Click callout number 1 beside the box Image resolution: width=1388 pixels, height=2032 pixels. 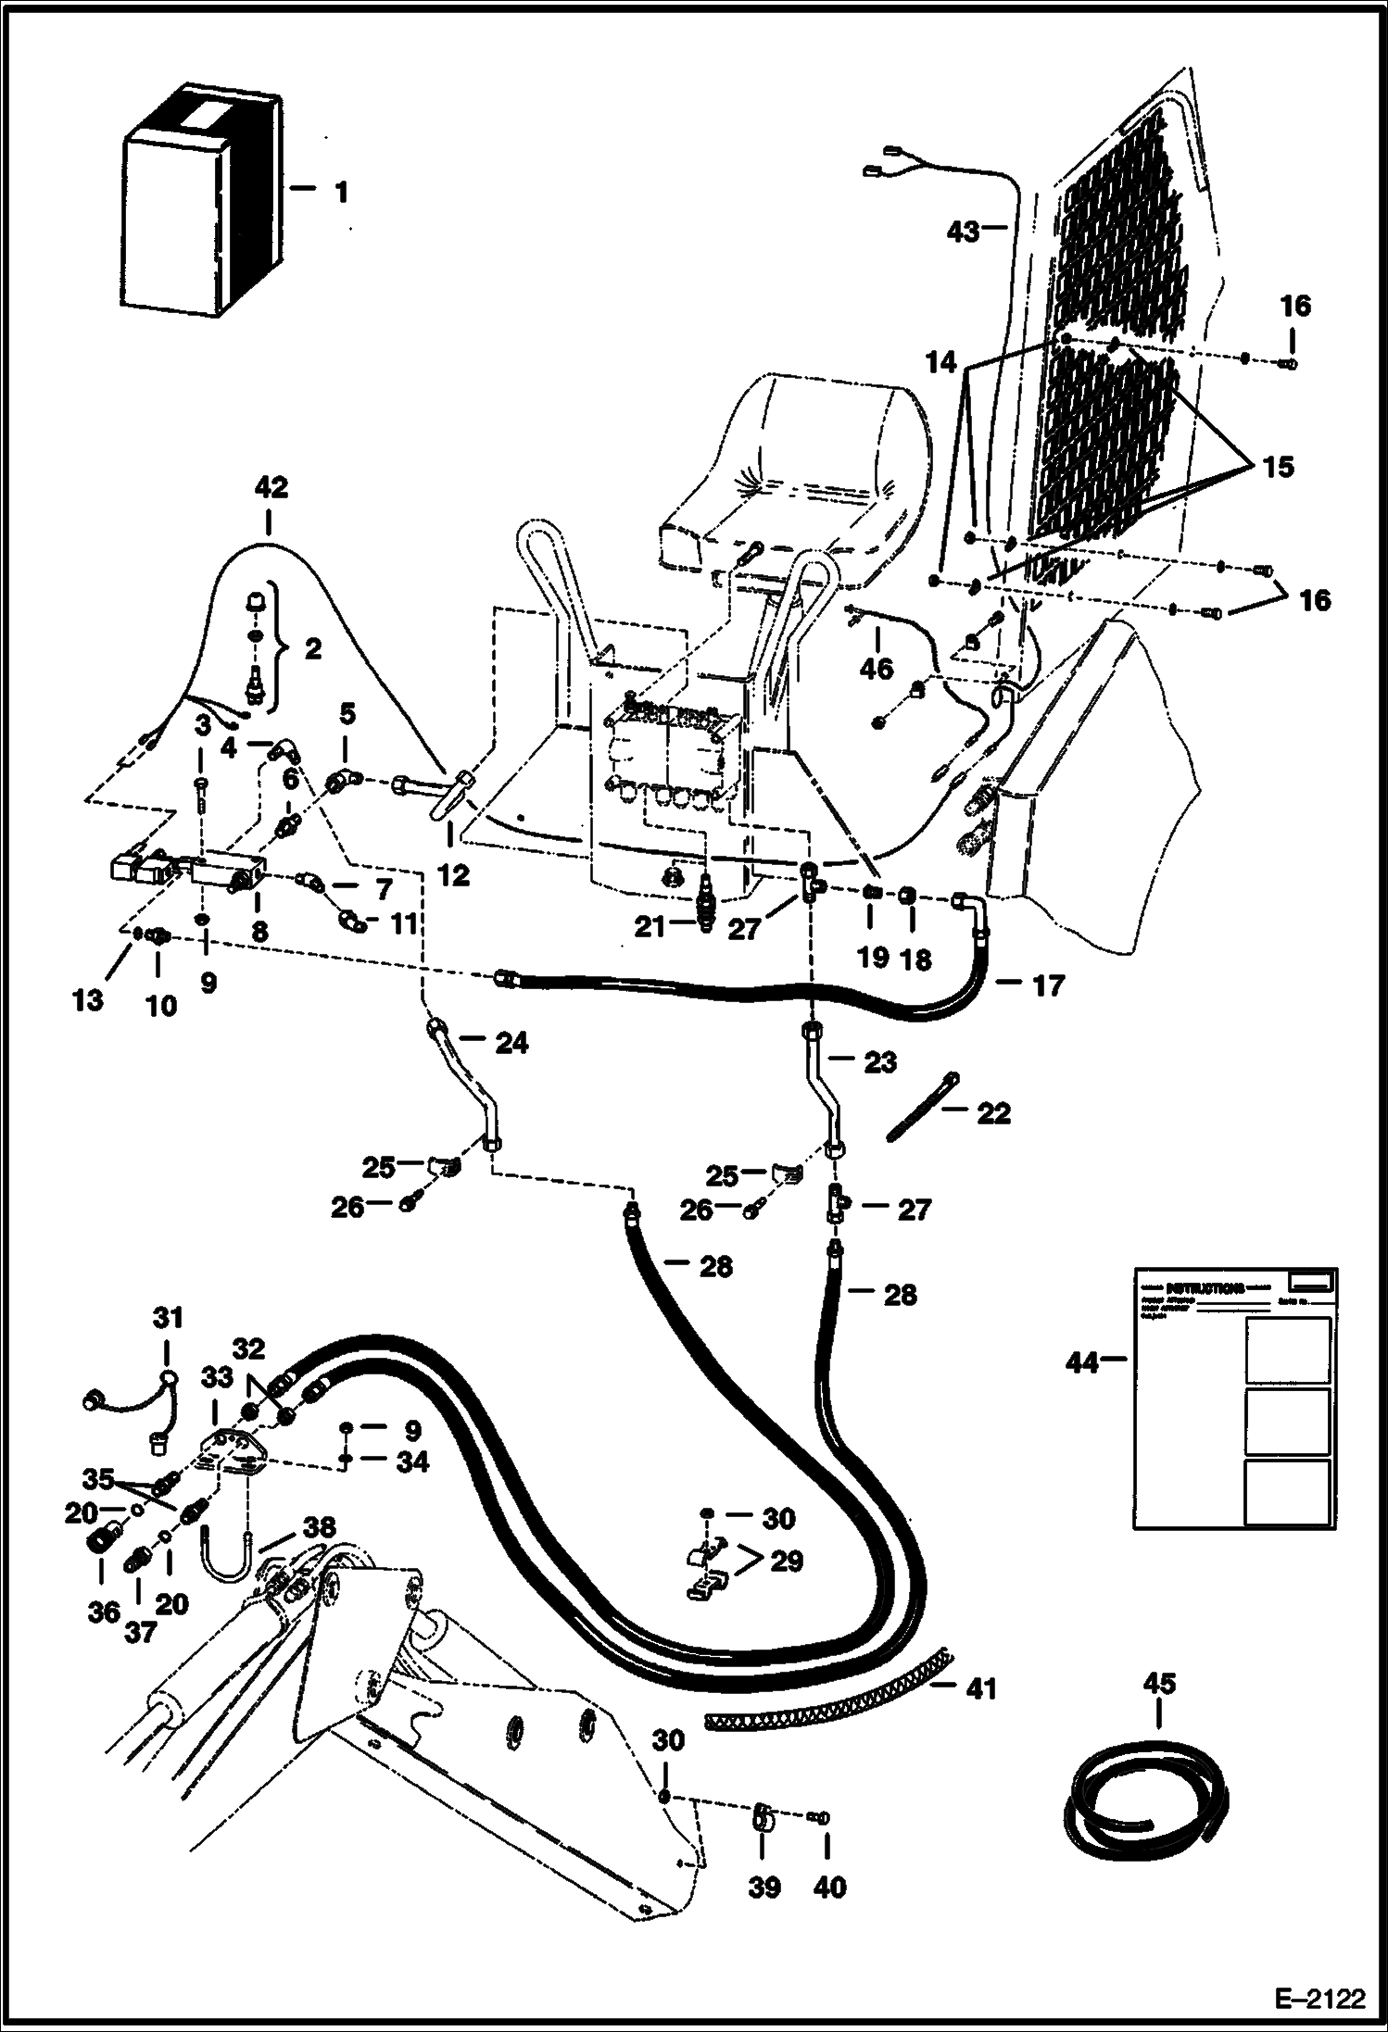[x=340, y=193]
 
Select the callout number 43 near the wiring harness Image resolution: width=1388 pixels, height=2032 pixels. [x=963, y=232]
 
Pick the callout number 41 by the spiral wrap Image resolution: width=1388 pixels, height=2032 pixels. [x=980, y=1688]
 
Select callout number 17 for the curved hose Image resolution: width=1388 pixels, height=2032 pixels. [x=1048, y=986]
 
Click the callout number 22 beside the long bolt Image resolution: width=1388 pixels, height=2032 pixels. [x=992, y=1112]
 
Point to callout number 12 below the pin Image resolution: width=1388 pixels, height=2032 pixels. [x=453, y=874]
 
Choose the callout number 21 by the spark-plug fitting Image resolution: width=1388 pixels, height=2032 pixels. [x=650, y=926]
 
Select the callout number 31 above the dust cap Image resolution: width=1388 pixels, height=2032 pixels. [x=168, y=1317]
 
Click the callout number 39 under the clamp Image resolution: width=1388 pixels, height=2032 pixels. [x=763, y=1888]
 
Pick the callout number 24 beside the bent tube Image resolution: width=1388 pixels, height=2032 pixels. [x=511, y=1043]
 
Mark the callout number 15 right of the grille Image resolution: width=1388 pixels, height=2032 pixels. [x=1278, y=467]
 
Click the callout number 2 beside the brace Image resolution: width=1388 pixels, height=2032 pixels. [x=313, y=648]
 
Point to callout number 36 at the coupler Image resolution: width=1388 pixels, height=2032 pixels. [x=104, y=1612]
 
